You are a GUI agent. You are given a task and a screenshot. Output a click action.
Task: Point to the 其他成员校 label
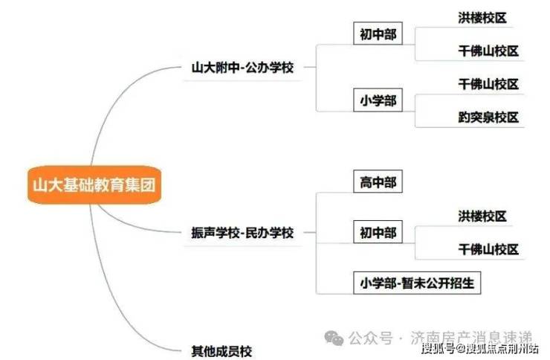pos(222,350)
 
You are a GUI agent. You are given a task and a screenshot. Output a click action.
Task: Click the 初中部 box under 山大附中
pos(378,35)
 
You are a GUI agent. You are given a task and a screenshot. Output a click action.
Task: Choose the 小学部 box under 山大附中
pos(378,100)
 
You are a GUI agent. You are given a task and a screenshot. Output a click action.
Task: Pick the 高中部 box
pos(378,182)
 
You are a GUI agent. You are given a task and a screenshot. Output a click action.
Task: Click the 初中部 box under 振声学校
pos(378,233)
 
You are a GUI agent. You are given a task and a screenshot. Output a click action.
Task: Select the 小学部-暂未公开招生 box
pos(418,283)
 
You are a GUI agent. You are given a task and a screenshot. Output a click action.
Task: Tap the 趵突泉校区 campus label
pos(488,118)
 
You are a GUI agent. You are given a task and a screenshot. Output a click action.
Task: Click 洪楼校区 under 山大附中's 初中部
pos(482,18)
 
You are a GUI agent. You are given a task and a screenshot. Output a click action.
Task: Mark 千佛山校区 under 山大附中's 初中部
pos(488,51)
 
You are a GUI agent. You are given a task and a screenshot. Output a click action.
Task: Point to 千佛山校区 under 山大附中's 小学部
pos(488,84)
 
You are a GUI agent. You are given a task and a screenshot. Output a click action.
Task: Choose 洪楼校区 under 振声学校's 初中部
pos(482,216)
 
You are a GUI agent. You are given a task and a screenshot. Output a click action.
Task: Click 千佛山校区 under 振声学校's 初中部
pos(488,249)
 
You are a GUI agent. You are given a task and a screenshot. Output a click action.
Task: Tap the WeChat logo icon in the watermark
pos(334,338)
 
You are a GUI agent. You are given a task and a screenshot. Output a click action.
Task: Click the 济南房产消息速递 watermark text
pos(471,338)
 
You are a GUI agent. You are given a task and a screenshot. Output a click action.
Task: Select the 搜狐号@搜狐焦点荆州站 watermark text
pos(479,349)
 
